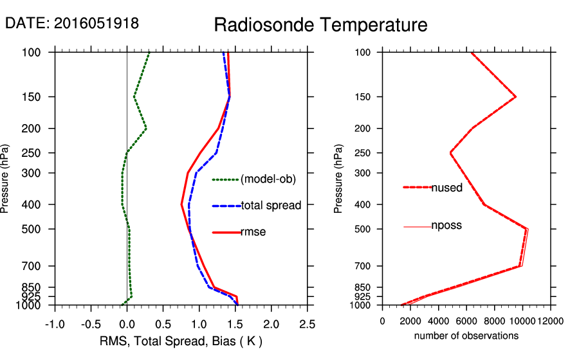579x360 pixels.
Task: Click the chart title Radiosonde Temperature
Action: tap(320, 25)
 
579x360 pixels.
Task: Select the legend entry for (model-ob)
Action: tap(268, 179)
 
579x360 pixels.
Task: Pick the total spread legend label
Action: tap(271, 206)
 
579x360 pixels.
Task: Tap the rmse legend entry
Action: tap(253, 232)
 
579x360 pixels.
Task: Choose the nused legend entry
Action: tap(446, 187)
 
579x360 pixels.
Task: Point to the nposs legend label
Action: tap(446, 226)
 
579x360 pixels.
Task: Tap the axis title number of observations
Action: tap(466, 336)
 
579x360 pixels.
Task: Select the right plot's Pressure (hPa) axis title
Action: tap(338, 179)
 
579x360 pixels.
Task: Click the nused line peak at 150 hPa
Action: tap(515, 96)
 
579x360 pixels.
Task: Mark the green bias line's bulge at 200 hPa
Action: tap(146, 129)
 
